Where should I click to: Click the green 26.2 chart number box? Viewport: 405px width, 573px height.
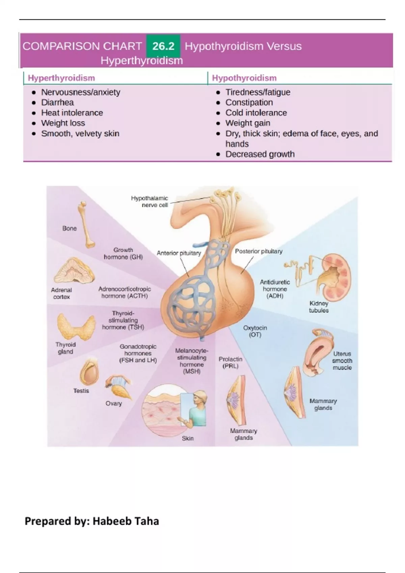pos(163,46)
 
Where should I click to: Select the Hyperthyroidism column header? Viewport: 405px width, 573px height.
pos(61,78)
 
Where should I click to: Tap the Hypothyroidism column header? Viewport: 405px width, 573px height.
pos(244,78)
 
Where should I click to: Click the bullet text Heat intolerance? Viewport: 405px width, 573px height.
pos(72,113)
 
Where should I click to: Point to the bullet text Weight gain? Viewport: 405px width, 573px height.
pos(247,123)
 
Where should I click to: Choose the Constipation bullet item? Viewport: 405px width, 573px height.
pos(249,102)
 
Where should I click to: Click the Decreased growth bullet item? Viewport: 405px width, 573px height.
pos(260,154)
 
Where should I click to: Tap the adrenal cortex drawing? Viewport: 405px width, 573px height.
pos(74,271)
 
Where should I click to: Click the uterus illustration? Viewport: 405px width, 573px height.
pos(317,352)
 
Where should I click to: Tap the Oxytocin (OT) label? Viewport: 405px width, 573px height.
pos(255,331)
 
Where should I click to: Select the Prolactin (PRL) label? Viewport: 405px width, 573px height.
pos(230,362)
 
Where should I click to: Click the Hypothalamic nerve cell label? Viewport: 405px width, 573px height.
pos(150,202)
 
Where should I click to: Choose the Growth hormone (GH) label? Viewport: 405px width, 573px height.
pos(123,253)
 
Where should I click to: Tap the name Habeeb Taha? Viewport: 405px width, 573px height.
pos(126,521)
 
